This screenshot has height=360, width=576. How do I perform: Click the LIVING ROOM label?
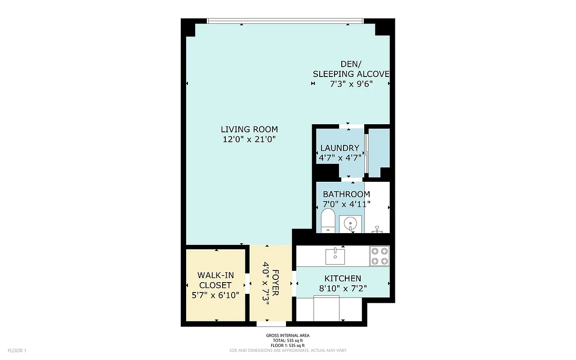[x=249, y=129]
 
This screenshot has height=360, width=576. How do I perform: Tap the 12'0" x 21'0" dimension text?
[x=249, y=139]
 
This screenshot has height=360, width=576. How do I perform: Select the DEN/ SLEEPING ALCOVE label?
[x=351, y=69]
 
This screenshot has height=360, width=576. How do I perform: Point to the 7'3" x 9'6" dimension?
[x=351, y=84]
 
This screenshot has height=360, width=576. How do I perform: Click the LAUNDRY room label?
[x=339, y=148]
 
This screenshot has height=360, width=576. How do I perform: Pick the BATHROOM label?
[x=346, y=194]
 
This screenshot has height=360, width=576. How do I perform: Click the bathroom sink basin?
[x=350, y=223]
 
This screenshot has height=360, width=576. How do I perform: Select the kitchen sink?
[x=335, y=256]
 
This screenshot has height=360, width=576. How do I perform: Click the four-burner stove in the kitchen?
[x=380, y=256]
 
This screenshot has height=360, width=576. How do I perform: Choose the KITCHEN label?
[x=343, y=279]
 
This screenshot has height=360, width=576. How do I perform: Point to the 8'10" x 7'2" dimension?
[x=343, y=288]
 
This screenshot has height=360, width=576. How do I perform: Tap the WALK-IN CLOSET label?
[x=214, y=280]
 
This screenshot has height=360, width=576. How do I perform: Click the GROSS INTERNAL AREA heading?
[x=288, y=336]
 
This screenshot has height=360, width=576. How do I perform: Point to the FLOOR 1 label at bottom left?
[x=18, y=351]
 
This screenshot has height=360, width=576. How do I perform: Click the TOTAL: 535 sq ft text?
[x=288, y=341]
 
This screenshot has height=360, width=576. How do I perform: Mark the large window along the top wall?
[x=285, y=21]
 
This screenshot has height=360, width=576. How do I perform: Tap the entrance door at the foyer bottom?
[x=271, y=324]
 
